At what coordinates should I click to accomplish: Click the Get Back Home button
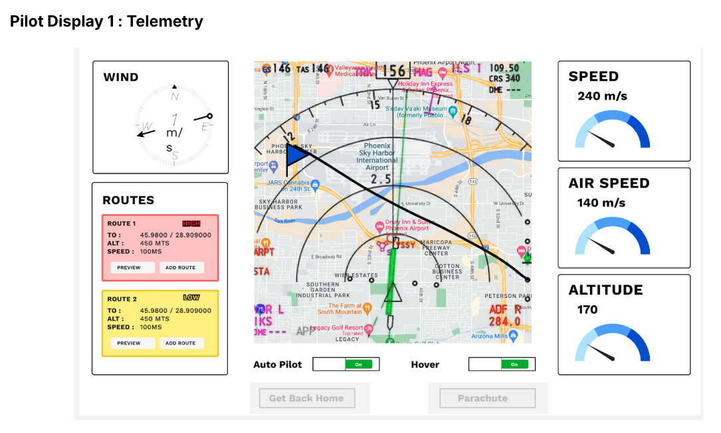click(x=306, y=398)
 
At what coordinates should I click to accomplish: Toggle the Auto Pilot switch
click(x=346, y=364)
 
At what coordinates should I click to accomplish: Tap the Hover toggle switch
click(x=502, y=364)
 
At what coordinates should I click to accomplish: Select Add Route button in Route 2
click(x=181, y=343)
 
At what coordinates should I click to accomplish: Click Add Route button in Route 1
click(x=181, y=267)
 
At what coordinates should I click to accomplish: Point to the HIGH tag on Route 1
click(x=191, y=223)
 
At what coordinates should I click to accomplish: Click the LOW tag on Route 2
click(x=191, y=298)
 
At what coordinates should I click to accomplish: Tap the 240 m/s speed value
click(x=602, y=96)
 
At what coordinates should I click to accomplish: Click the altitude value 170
click(x=587, y=309)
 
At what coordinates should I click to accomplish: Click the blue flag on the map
click(x=296, y=155)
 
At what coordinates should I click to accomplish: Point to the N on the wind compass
click(x=175, y=96)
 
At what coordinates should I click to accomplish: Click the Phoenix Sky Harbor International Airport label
click(x=377, y=156)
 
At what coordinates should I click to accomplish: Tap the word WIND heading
click(x=121, y=77)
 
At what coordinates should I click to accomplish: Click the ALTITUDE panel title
click(x=605, y=290)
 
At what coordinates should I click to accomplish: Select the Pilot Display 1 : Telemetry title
click(x=106, y=21)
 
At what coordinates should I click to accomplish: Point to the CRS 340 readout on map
click(x=504, y=78)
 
